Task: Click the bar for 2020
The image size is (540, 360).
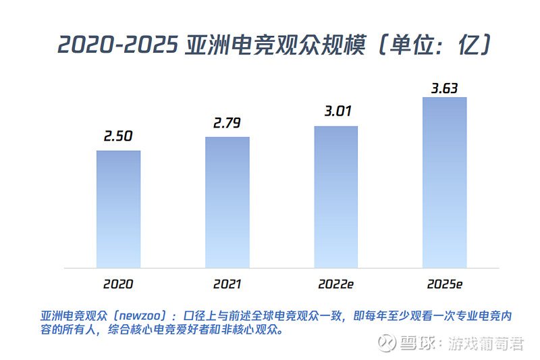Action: point(118,209)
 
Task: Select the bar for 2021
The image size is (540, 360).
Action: point(227,202)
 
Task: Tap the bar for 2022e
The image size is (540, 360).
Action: point(335,197)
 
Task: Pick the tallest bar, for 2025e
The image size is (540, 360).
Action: point(444,182)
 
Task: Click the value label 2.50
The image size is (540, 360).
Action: point(118,136)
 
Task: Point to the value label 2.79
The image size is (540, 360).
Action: point(227,123)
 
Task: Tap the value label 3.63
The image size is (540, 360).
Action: point(446,88)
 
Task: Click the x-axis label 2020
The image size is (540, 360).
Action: point(118,284)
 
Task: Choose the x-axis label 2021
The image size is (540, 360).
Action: point(227,284)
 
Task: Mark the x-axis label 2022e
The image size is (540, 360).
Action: point(335,284)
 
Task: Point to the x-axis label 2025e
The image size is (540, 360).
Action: point(444,284)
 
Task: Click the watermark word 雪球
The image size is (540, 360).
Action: point(418,344)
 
